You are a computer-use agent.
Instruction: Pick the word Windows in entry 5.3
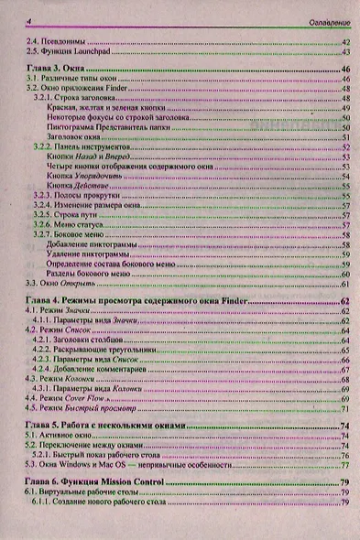(x=76, y=465)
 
